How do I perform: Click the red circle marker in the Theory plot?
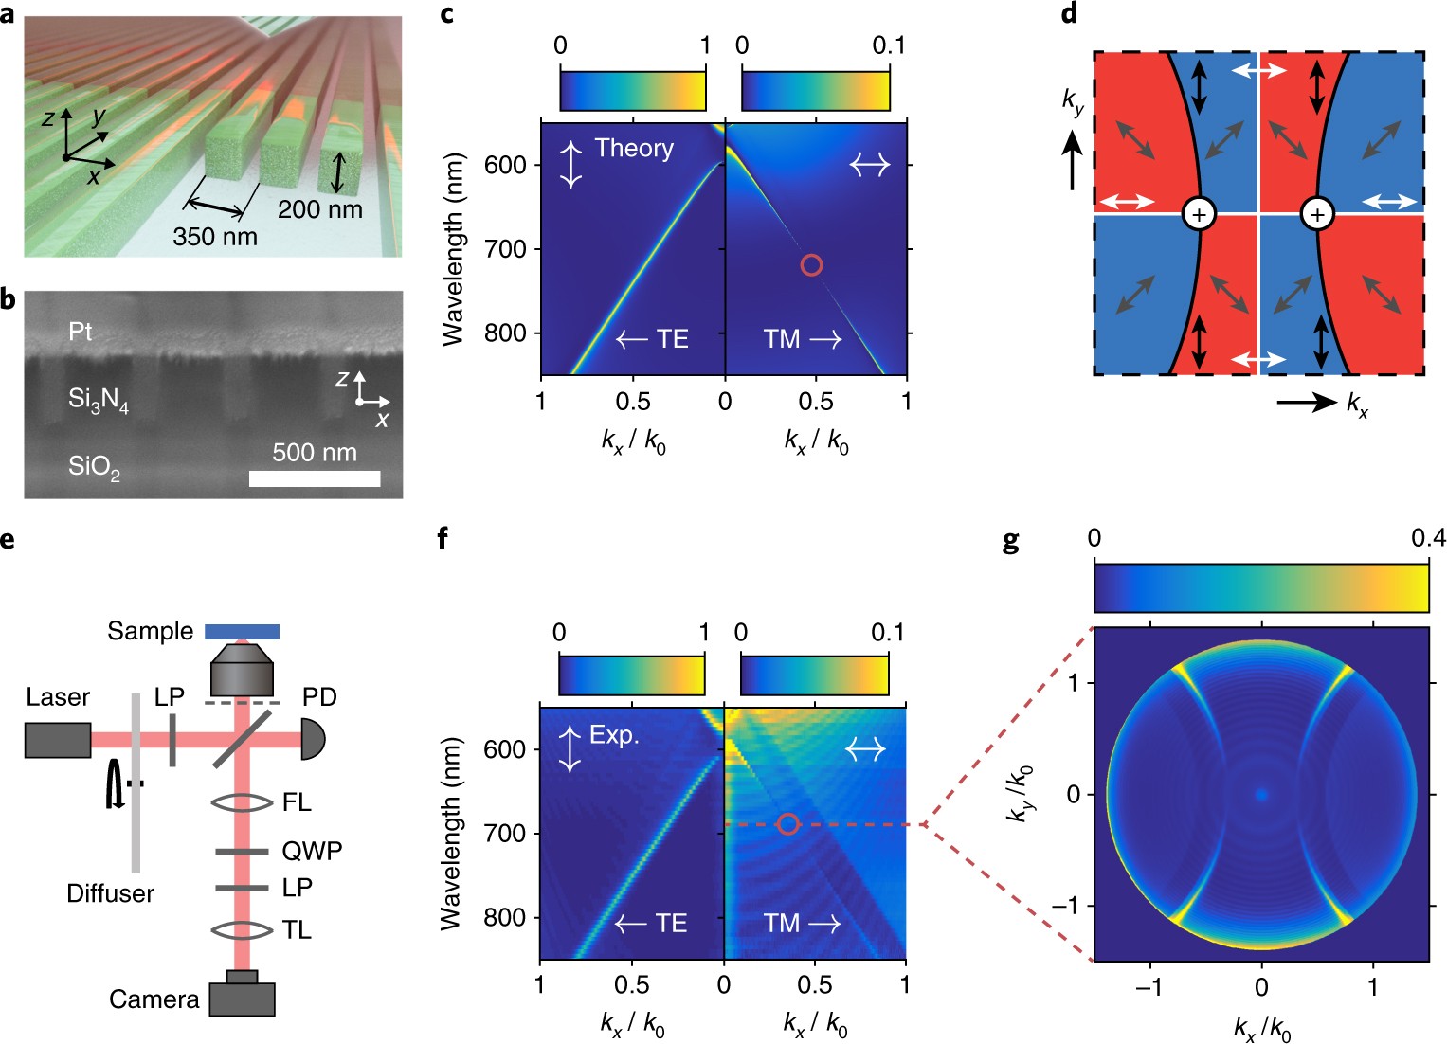point(811,265)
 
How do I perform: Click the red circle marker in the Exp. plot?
point(787,824)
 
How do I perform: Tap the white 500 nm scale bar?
point(315,478)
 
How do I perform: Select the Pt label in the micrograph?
point(81,332)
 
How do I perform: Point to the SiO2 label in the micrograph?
point(94,467)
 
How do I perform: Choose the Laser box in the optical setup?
point(58,740)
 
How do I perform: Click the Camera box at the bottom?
point(242,999)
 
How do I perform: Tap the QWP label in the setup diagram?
point(312,851)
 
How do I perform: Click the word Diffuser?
point(110,893)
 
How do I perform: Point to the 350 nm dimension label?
point(215,236)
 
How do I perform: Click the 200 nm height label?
point(320,209)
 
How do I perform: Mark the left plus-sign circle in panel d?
point(1199,214)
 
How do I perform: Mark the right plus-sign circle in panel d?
point(1317,214)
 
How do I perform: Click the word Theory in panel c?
point(634,148)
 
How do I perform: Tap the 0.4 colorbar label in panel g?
point(1428,538)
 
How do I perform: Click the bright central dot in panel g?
point(1261,795)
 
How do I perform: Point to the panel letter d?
point(1069,14)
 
